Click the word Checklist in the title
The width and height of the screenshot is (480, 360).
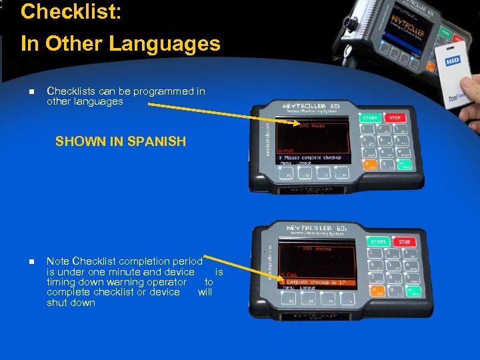[x=71, y=12]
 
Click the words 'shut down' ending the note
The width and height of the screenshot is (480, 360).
[x=71, y=303]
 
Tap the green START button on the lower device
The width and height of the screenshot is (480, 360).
[x=379, y=242]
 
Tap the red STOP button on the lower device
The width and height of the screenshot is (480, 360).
[x=405, y=242]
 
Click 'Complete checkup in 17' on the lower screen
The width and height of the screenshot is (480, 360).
[x=316, y=282]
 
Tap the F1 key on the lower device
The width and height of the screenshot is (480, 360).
[x=291, y=301]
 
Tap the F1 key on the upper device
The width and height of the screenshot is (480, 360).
[x=289, y=176]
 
